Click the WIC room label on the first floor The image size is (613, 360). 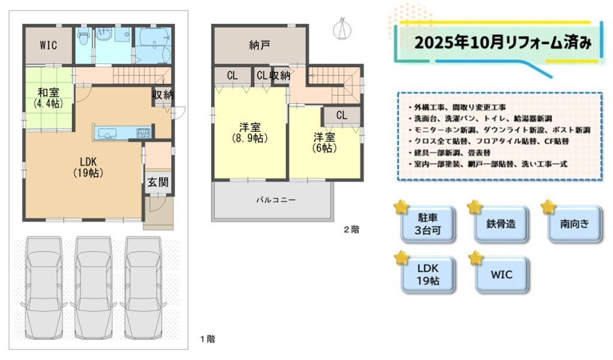[x=48, y=45]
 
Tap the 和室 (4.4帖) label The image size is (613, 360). [x=48, y=98]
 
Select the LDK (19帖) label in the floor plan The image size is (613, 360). [x=89, y=168]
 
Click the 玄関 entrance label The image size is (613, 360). [x=158, y=182]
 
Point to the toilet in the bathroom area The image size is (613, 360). [x=83, y=36]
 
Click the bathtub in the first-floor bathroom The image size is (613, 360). [x=153, y=44]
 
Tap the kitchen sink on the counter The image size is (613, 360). [x=105, y=134]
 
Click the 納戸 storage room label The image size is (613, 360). [x=260, y=46]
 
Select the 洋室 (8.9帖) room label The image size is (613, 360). [x=250, y=132]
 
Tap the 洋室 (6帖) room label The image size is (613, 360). [x=324, y=143]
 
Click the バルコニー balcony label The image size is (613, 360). [x=276, y=200]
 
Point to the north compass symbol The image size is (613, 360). [x=342, y=29]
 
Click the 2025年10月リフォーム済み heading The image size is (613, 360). [x=503, y=43]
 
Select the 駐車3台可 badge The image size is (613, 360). [x=428, y=224]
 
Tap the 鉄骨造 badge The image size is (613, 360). [x=501, y=224]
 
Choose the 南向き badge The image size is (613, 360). [x=575, y=224]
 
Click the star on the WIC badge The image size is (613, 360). [x=475, y=258]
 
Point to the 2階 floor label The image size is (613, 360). [x=351, y=229]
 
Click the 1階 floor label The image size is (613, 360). [x=208, y=339]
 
